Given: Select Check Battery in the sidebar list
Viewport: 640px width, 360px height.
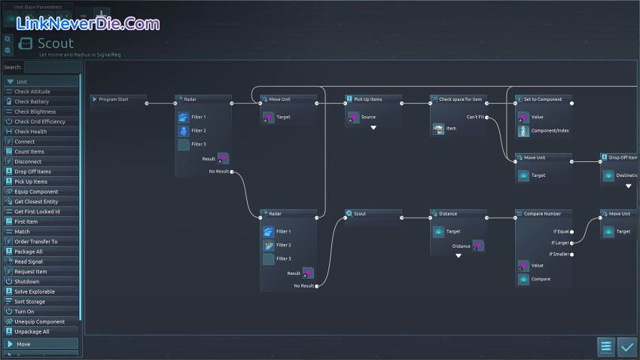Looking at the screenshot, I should (32, 102).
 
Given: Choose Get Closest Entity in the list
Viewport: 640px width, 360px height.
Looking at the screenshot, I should (36, 202).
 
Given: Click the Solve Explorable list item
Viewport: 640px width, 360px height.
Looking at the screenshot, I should (35, 291).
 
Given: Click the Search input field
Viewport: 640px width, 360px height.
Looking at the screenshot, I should (51, 67).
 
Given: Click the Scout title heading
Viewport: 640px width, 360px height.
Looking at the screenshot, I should (56, 44).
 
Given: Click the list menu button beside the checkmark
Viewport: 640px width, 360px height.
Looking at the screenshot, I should (606, 346).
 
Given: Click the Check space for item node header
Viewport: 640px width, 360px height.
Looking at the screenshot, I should (460, 99).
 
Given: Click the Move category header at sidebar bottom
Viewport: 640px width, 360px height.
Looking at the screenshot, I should (24, 344).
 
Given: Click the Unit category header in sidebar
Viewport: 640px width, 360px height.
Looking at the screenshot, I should (22, 81).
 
